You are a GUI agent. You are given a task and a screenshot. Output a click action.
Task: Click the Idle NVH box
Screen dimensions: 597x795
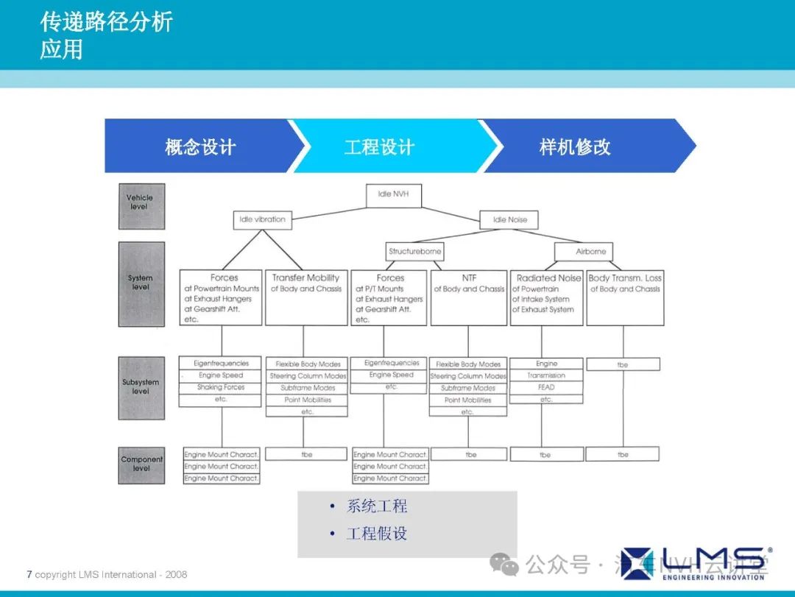pyautogui.click(x=394, y=195)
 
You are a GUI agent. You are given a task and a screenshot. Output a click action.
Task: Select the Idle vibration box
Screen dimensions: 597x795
pyautogui.click(x=262, y=219)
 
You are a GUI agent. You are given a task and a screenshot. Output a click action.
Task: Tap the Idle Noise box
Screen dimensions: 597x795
pyautogui.click(x=509, y=219)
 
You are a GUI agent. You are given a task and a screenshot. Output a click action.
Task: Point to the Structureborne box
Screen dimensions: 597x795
pyautogui.click(x=415, y=252)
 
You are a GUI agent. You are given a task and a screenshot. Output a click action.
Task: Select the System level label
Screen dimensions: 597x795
pyautogui.click(x=141, y=283)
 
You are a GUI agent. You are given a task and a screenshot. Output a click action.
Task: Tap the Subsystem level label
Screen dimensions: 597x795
pyautogui.click(x=141, y=387)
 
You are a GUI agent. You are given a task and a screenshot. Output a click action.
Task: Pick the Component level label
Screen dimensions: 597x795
pyautogui.click(x=141, y=464)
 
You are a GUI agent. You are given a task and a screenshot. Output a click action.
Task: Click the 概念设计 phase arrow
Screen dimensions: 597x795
pyautogui.click(x=200, y=146)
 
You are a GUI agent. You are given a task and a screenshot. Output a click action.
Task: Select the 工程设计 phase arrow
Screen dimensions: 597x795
pyautogui.click(x=380, y=146)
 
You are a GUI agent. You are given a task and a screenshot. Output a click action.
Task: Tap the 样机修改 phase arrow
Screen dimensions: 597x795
pyautogui.click(x=575, y=146)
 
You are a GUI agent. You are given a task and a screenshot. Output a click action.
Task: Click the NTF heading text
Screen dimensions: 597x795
pyautogui.click(x=469, y=278)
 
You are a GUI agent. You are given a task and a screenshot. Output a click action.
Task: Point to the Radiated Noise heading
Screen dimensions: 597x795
pyautogui.click(x=548, y=278)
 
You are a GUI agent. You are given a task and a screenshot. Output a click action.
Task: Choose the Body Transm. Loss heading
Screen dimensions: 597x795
pyautogui.click(x=625, y=278)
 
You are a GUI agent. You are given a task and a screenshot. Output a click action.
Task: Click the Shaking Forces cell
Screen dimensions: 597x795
pyautogui.click(x=220, y=387)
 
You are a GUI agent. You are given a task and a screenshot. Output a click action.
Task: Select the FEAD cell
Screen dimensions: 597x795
pyautogui.click(x=546, y=387)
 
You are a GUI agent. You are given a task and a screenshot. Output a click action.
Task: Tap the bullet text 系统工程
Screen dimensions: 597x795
pyautogui.click(x=377, y=506)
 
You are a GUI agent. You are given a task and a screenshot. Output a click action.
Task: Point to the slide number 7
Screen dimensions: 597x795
pyautogui.click(x=29, y=574)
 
